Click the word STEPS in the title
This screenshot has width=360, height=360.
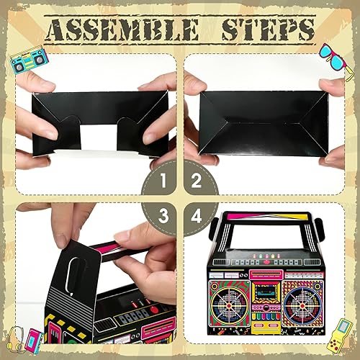point(266,30)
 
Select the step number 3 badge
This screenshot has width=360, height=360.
point(165,215)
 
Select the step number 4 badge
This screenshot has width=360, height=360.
point(195,215)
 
